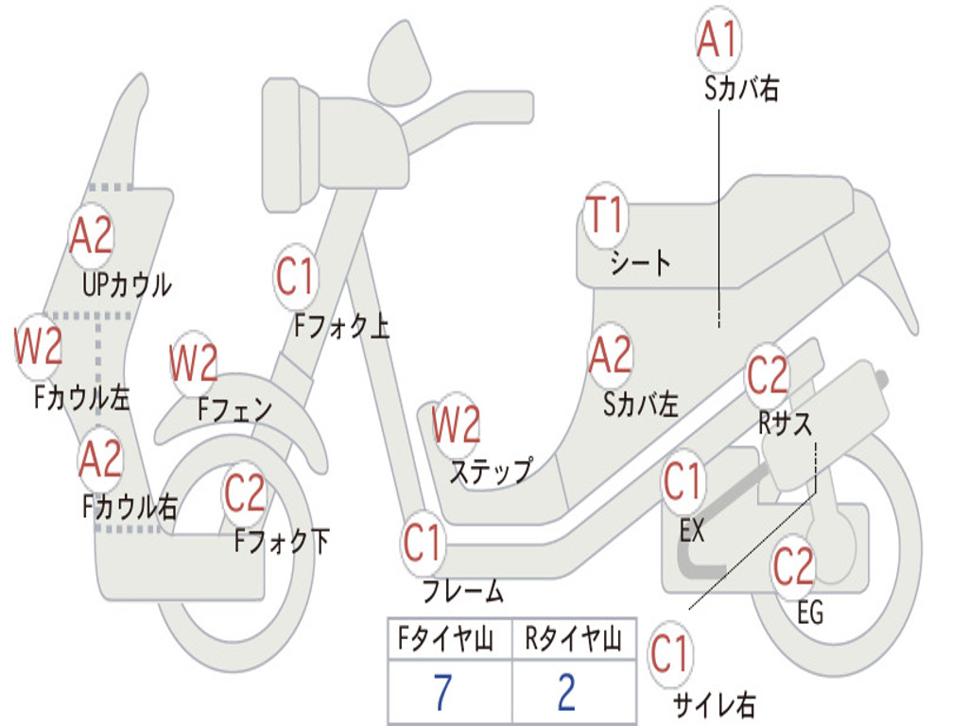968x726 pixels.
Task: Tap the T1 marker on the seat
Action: tap(605, 216)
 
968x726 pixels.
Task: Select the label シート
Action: tap(640, 262)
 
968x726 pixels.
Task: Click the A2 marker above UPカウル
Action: tap(92, 236)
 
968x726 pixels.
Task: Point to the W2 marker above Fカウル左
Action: tap(39, 347)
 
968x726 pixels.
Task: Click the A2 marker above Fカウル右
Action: tap(101, 459)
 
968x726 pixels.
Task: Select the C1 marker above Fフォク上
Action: tap(295, 277)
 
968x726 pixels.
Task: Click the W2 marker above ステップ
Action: tap(457, 425)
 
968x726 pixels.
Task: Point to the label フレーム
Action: tap(462, 593)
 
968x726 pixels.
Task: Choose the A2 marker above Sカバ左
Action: tap(610, 355)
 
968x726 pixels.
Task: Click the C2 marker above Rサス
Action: tap(768, 376)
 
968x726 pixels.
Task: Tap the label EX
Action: tap(692, 531)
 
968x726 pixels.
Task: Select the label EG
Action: tap(810, 613)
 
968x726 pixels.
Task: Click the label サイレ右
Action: tap(714, 704)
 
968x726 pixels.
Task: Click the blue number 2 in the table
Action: tap(566, 693)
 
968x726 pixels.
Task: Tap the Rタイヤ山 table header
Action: tap(573, 641)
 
